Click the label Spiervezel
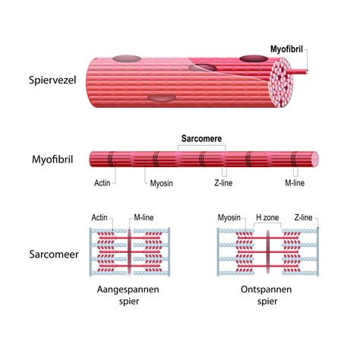pos(52,81)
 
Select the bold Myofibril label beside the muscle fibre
pos(286,49)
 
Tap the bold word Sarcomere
pos(201,138)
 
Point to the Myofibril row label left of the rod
pos(52,159)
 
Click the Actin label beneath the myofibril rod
pos(103,182)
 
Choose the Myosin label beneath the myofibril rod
pos(161,183)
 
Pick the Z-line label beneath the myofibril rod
pos(223,182)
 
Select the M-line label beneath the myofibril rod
pos(295,182)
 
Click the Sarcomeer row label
pos(54,254)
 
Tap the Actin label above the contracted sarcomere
pos(99,217)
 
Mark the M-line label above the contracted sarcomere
pos(144,217)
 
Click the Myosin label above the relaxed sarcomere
pos(229,217)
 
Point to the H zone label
pos(267,217)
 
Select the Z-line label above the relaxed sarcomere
pos(303,217)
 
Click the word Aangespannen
pos(128,289)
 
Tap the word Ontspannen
pos(266,289)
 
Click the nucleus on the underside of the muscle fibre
pos(162,98)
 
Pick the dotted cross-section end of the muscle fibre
pos(282,82)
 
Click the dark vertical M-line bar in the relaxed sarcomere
pos(267,251)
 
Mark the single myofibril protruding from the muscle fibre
pos(300,71)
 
